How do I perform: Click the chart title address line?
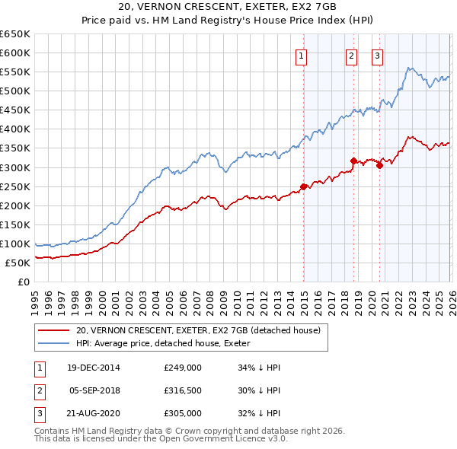point(228,7)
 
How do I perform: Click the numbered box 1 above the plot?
point(302,56)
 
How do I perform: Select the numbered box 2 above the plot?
point(351,56)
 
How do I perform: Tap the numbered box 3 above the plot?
point(377,56)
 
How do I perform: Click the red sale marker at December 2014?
point(303,186)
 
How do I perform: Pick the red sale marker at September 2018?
point(353,161)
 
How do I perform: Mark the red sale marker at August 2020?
point(379,165)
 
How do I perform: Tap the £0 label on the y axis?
point(23,282)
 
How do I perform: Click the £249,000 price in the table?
point(182,368)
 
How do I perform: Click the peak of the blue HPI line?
point(410,68)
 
